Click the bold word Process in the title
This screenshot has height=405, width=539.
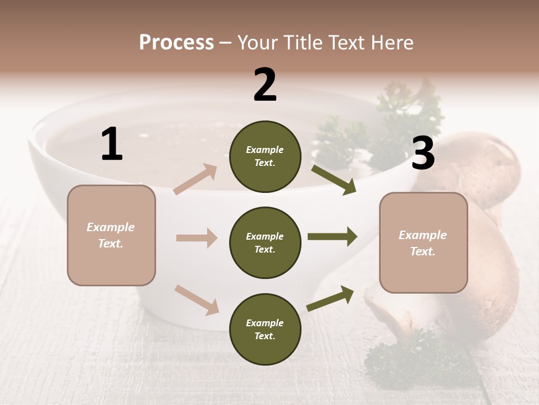click(x=176, y=42)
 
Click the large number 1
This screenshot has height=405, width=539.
click(x=112, y=145)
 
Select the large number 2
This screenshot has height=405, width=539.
click(x=265, y=85)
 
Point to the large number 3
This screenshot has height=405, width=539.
click(x=423, y=153)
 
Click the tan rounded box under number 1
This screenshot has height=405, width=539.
click(x=111, y=235)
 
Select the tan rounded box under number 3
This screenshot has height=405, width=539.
click(x=423, y=242)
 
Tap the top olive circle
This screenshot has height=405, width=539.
click(x=265, y=156)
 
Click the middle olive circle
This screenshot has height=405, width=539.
click(x=265, y=242)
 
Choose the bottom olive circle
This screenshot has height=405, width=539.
click(x=265, y=329)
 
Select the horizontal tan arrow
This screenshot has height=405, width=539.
click(x=197, y=238)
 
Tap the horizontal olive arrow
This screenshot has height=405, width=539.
click(x=332, y=237)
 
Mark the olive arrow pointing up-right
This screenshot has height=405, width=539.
click(x=330, y=298)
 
